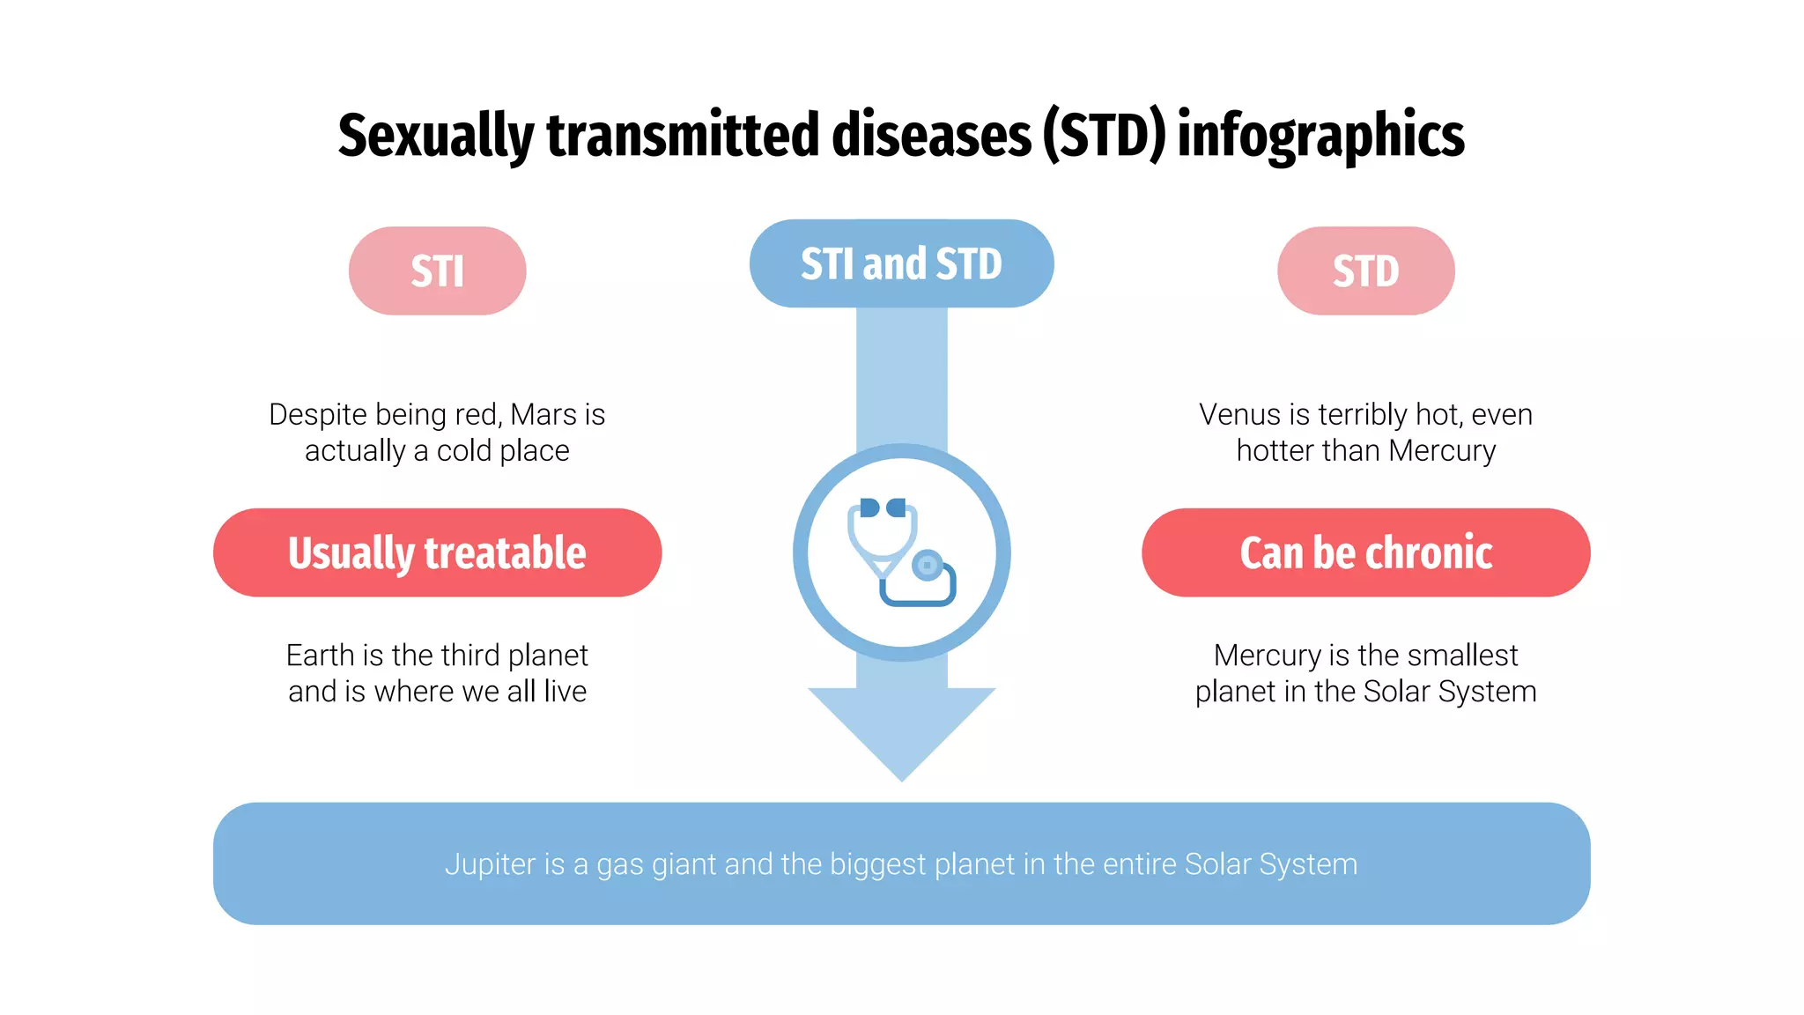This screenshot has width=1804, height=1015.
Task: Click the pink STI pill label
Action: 437,270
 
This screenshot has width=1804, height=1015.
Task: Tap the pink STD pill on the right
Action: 1365,270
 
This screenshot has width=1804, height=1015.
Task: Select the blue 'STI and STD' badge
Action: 901,263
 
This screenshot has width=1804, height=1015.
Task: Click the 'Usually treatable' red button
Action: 437,552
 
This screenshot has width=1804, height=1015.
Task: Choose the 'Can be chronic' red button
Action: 1365,552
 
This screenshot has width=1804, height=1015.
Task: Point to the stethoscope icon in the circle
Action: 901,553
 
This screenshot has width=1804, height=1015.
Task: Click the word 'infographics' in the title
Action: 1320,137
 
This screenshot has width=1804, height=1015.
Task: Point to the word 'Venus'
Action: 1239,414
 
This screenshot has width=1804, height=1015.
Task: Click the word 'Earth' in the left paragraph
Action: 321,656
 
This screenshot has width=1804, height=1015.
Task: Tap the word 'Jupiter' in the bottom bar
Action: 490,864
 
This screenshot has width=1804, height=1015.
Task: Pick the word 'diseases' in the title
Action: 931,137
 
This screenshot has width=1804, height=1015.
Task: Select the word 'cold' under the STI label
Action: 464,451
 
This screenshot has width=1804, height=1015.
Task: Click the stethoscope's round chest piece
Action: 927,565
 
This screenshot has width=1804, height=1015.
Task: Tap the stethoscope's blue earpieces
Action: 883,507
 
